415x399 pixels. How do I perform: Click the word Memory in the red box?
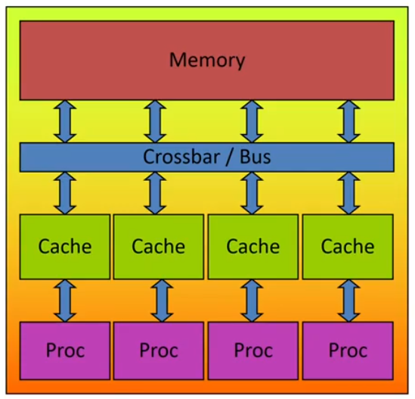206,60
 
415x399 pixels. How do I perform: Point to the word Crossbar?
178,157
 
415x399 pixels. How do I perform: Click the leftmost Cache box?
65,247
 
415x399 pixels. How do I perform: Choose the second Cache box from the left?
159,247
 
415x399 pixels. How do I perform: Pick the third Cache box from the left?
253,247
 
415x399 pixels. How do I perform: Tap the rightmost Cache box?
348,247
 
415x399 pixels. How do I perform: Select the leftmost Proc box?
65,351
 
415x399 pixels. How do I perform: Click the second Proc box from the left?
159,351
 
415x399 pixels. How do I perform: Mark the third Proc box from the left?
253,351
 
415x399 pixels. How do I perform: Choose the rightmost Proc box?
348,351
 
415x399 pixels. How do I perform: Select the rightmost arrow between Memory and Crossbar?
348,121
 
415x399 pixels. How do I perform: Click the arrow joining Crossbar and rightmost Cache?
348,193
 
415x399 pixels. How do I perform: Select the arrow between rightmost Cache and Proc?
348,300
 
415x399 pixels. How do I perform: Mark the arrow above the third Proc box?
253,300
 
